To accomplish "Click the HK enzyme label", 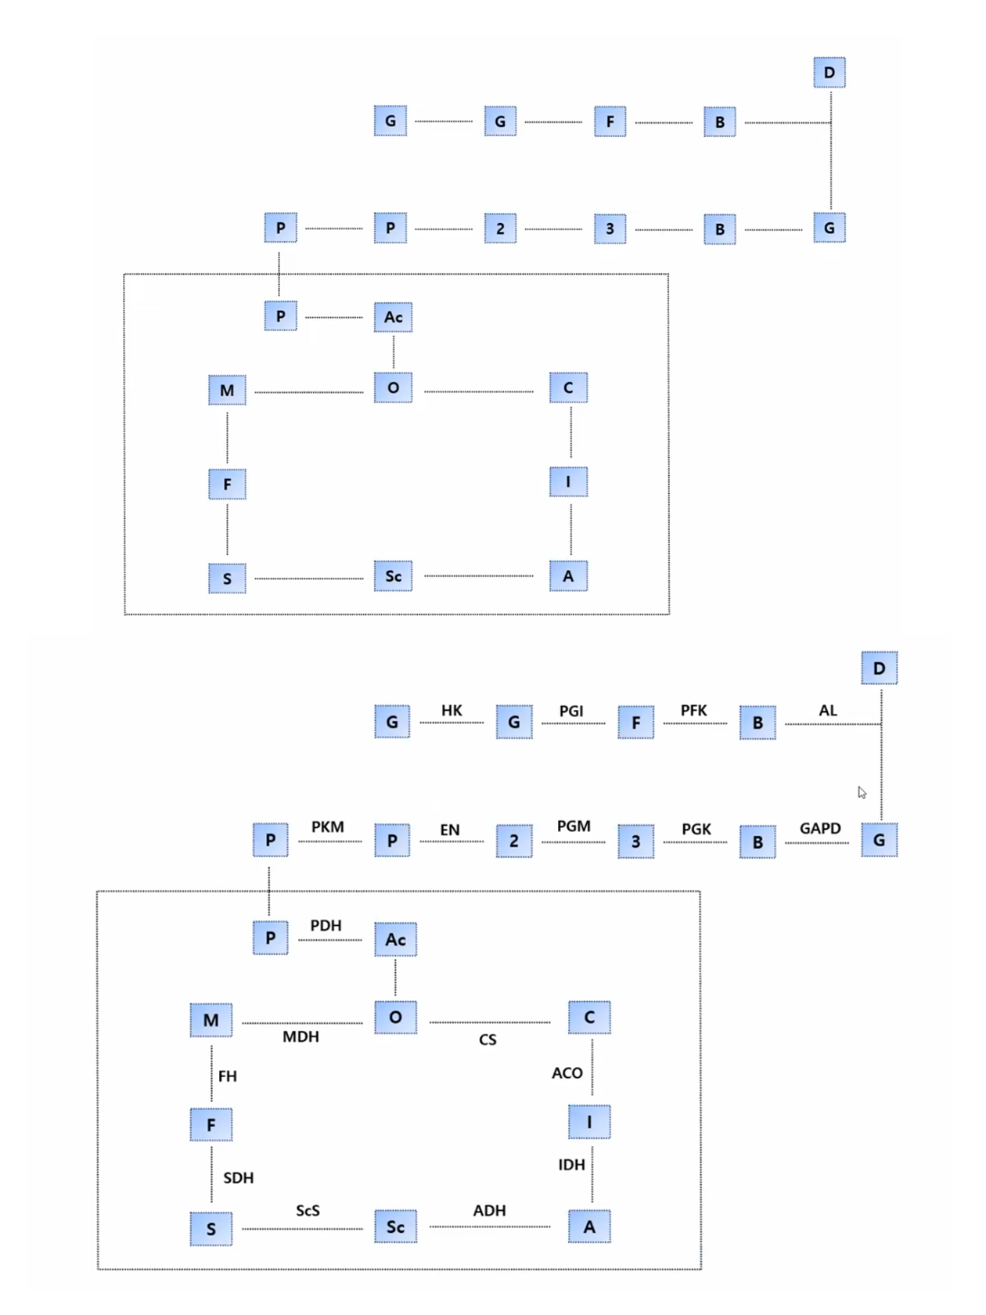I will point(452,710).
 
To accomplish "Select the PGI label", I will point(571,711).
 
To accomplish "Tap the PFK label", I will point(693,710).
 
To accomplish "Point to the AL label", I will point(828,710).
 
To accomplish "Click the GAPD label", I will point(820,828).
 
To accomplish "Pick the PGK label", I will point(696,829).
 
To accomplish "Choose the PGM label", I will point(574,827).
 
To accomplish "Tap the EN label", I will point(450,830).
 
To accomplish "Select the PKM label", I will point(328,827).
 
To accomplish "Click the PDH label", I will point(326,925).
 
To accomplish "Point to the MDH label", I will point(300,1036).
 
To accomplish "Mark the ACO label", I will point(567,1072).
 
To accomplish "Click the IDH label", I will point(571,1165).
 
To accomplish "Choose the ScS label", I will point(308,1210).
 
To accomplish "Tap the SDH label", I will point(238,1177).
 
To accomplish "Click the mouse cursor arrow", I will point(862,792).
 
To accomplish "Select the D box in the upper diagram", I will point(829,73).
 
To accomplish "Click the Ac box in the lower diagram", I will point(395,939).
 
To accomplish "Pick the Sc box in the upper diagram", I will point(393,576).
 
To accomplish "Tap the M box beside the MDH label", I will point(211,1020).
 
